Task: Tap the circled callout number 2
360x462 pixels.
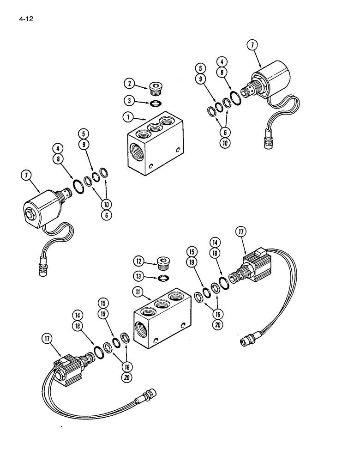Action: tap(129, 84)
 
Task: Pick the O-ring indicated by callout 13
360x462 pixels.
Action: tap(162, 278)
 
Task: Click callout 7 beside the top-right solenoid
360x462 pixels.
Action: tap(252, 45)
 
